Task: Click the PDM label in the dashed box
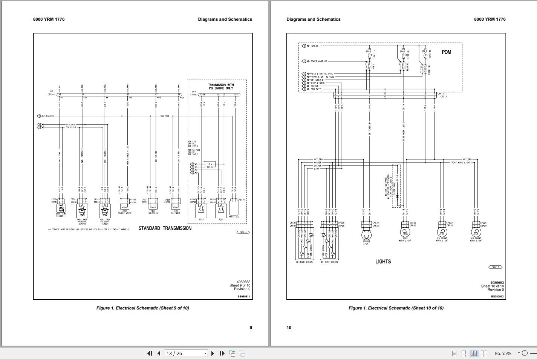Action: (x=446, y=52)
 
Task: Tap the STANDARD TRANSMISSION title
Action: (x=165, y=228)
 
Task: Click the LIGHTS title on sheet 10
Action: (x=383, y=261)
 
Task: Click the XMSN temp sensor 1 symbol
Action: (x=61, y=208)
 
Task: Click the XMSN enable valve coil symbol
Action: (x=124, y=206)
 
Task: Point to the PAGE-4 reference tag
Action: (x=243, y=232)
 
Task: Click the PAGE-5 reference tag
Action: (x=495, y=267)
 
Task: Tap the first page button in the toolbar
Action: (x=150, y=353)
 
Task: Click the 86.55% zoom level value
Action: (x=503, y=353)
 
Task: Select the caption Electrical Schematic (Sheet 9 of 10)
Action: (x=142, y=308)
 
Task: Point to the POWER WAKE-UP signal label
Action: (x=319, y=61)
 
